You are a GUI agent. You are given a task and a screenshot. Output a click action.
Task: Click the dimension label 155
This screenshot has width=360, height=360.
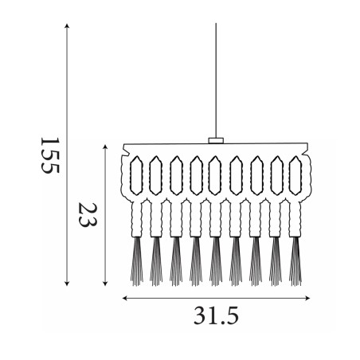click(50, 155)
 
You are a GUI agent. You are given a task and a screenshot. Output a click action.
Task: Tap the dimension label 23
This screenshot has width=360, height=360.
click(88, 215)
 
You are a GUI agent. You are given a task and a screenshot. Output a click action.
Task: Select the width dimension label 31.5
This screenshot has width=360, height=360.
click(216, 315)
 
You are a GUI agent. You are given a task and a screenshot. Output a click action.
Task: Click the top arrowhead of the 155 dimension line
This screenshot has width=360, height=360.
click(67, 25)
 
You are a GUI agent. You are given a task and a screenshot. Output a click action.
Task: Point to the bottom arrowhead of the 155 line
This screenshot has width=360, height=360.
click(67, 284)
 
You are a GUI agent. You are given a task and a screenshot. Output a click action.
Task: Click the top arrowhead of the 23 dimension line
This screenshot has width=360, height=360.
click(105, 147)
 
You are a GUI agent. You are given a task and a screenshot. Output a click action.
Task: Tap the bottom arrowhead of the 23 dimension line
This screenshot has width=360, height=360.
click(105, 284)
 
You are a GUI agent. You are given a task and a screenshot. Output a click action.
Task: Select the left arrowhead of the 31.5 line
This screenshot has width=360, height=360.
click(125, 298)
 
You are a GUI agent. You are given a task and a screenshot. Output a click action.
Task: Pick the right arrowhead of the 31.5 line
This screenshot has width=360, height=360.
click(307, 298)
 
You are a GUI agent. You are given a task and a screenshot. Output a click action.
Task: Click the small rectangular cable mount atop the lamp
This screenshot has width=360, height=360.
click(216, 140)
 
